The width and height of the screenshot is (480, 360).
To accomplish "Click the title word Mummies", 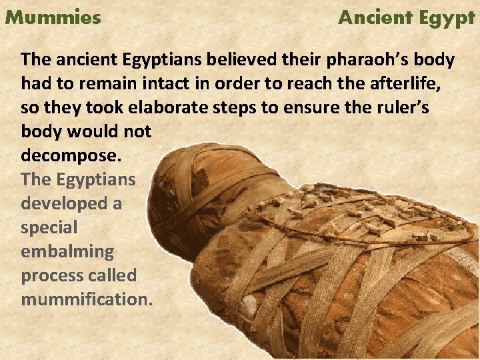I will coord(53,17).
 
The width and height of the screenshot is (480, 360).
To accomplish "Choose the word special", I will coord(49,227).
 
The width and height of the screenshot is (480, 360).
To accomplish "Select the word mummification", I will coord(87,299).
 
